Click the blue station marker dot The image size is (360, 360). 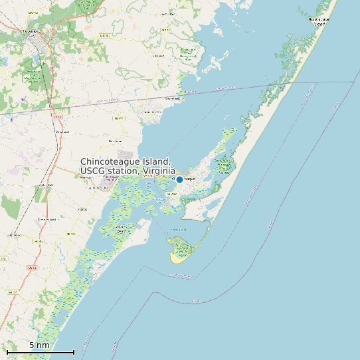tap(179, 179)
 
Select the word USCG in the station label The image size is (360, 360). tap(93, 171)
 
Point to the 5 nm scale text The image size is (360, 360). tap(39, 345)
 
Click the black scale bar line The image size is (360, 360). tap(40, 351)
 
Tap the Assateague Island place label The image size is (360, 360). tap(319, 20)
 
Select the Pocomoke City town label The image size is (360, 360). tap(32, 31)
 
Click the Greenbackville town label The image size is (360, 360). tap(173, 98)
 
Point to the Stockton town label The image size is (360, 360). tap(158, 56)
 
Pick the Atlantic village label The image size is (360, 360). tap(83, 209)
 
